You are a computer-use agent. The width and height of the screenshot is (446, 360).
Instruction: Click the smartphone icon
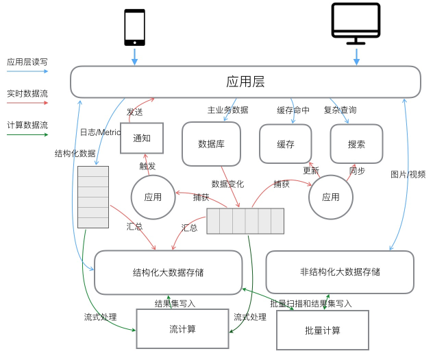coord(134,27)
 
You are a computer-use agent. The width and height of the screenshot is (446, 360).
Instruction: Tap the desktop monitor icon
coord(356,23)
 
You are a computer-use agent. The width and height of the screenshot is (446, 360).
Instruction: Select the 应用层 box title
coord(245,82)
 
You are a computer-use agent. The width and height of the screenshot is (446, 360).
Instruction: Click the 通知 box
coord(142,139)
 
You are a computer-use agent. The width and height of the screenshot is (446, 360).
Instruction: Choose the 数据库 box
coord(211,144)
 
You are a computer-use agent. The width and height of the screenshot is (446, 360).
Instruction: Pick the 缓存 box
coord(286,144)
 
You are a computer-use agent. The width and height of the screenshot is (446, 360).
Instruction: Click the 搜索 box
coord(356,144)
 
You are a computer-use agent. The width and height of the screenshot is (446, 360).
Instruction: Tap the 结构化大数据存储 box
coord(168,273)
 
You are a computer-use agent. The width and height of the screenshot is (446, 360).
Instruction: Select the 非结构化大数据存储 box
coord(340,272)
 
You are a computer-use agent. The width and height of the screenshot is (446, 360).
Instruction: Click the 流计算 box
coord(183,328)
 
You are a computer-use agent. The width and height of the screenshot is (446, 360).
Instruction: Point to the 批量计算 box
coord(323,330)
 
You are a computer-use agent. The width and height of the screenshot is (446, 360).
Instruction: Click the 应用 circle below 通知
coord(153,197)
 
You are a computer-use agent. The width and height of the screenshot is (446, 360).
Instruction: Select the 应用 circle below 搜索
coord(331,197)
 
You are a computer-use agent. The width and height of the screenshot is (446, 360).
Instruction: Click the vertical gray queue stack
coord(93,197)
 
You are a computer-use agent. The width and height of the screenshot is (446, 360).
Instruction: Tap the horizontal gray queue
coord(245,221)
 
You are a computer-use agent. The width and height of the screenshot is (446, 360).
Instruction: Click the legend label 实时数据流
coord(27,94)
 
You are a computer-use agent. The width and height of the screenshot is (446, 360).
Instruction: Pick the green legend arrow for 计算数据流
coord(27,134)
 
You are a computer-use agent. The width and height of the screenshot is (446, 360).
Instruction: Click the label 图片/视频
coord(408,174)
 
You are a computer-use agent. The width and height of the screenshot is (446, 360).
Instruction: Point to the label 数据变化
coord(227,184)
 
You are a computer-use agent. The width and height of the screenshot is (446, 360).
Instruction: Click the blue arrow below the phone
coord(134,57)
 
